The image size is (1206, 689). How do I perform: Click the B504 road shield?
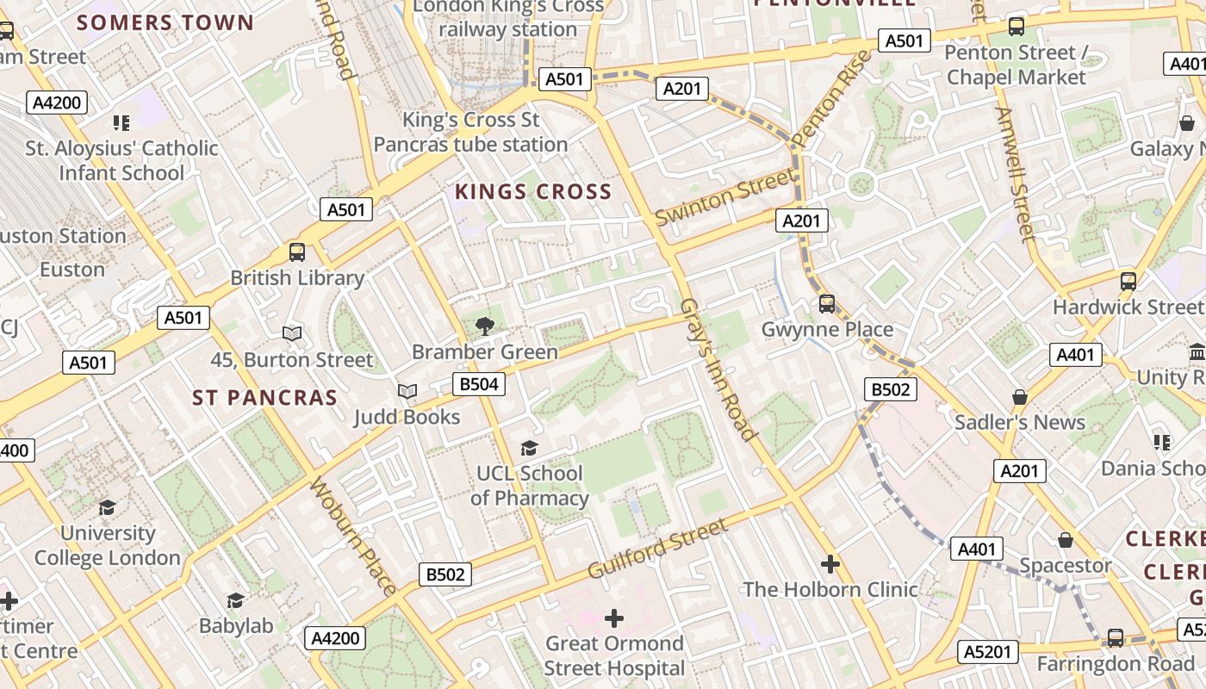(x=478, y=384)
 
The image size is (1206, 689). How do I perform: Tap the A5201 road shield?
(x=987, y=652)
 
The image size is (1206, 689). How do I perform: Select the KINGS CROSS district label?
(x=533, y=191)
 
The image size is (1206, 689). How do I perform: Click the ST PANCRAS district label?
(x=264, y=398)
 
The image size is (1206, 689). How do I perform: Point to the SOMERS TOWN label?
(x=165, y=22)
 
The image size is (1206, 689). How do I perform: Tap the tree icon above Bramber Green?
(x=484, y=326)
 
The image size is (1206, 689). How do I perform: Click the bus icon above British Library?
(x=297, y=252)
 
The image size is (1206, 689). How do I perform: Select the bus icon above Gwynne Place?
(x=827, y=303)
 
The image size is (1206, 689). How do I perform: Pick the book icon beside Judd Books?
(x=407, y=392)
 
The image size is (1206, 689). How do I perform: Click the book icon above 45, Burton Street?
(x=292, y=333)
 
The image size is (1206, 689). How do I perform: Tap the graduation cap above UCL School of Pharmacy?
(x=529, y=448)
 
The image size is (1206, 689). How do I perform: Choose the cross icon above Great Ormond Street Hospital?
(x=614, y=618)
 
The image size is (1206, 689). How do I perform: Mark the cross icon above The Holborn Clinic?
(x=830, y=564)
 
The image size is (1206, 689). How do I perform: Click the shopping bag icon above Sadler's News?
(x=1020, y=397)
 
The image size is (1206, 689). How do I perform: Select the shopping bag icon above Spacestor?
(x=1066, y=540)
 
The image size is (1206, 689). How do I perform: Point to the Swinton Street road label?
(x=725, y=197)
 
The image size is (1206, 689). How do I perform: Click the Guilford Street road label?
(x=658, y=549)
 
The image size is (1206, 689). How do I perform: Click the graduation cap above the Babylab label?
(x=236, y=600)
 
